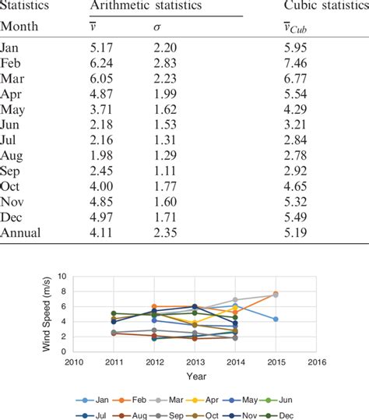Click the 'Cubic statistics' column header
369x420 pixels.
(x=324, y=6)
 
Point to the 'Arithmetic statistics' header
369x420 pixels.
(x=146, y=6)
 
